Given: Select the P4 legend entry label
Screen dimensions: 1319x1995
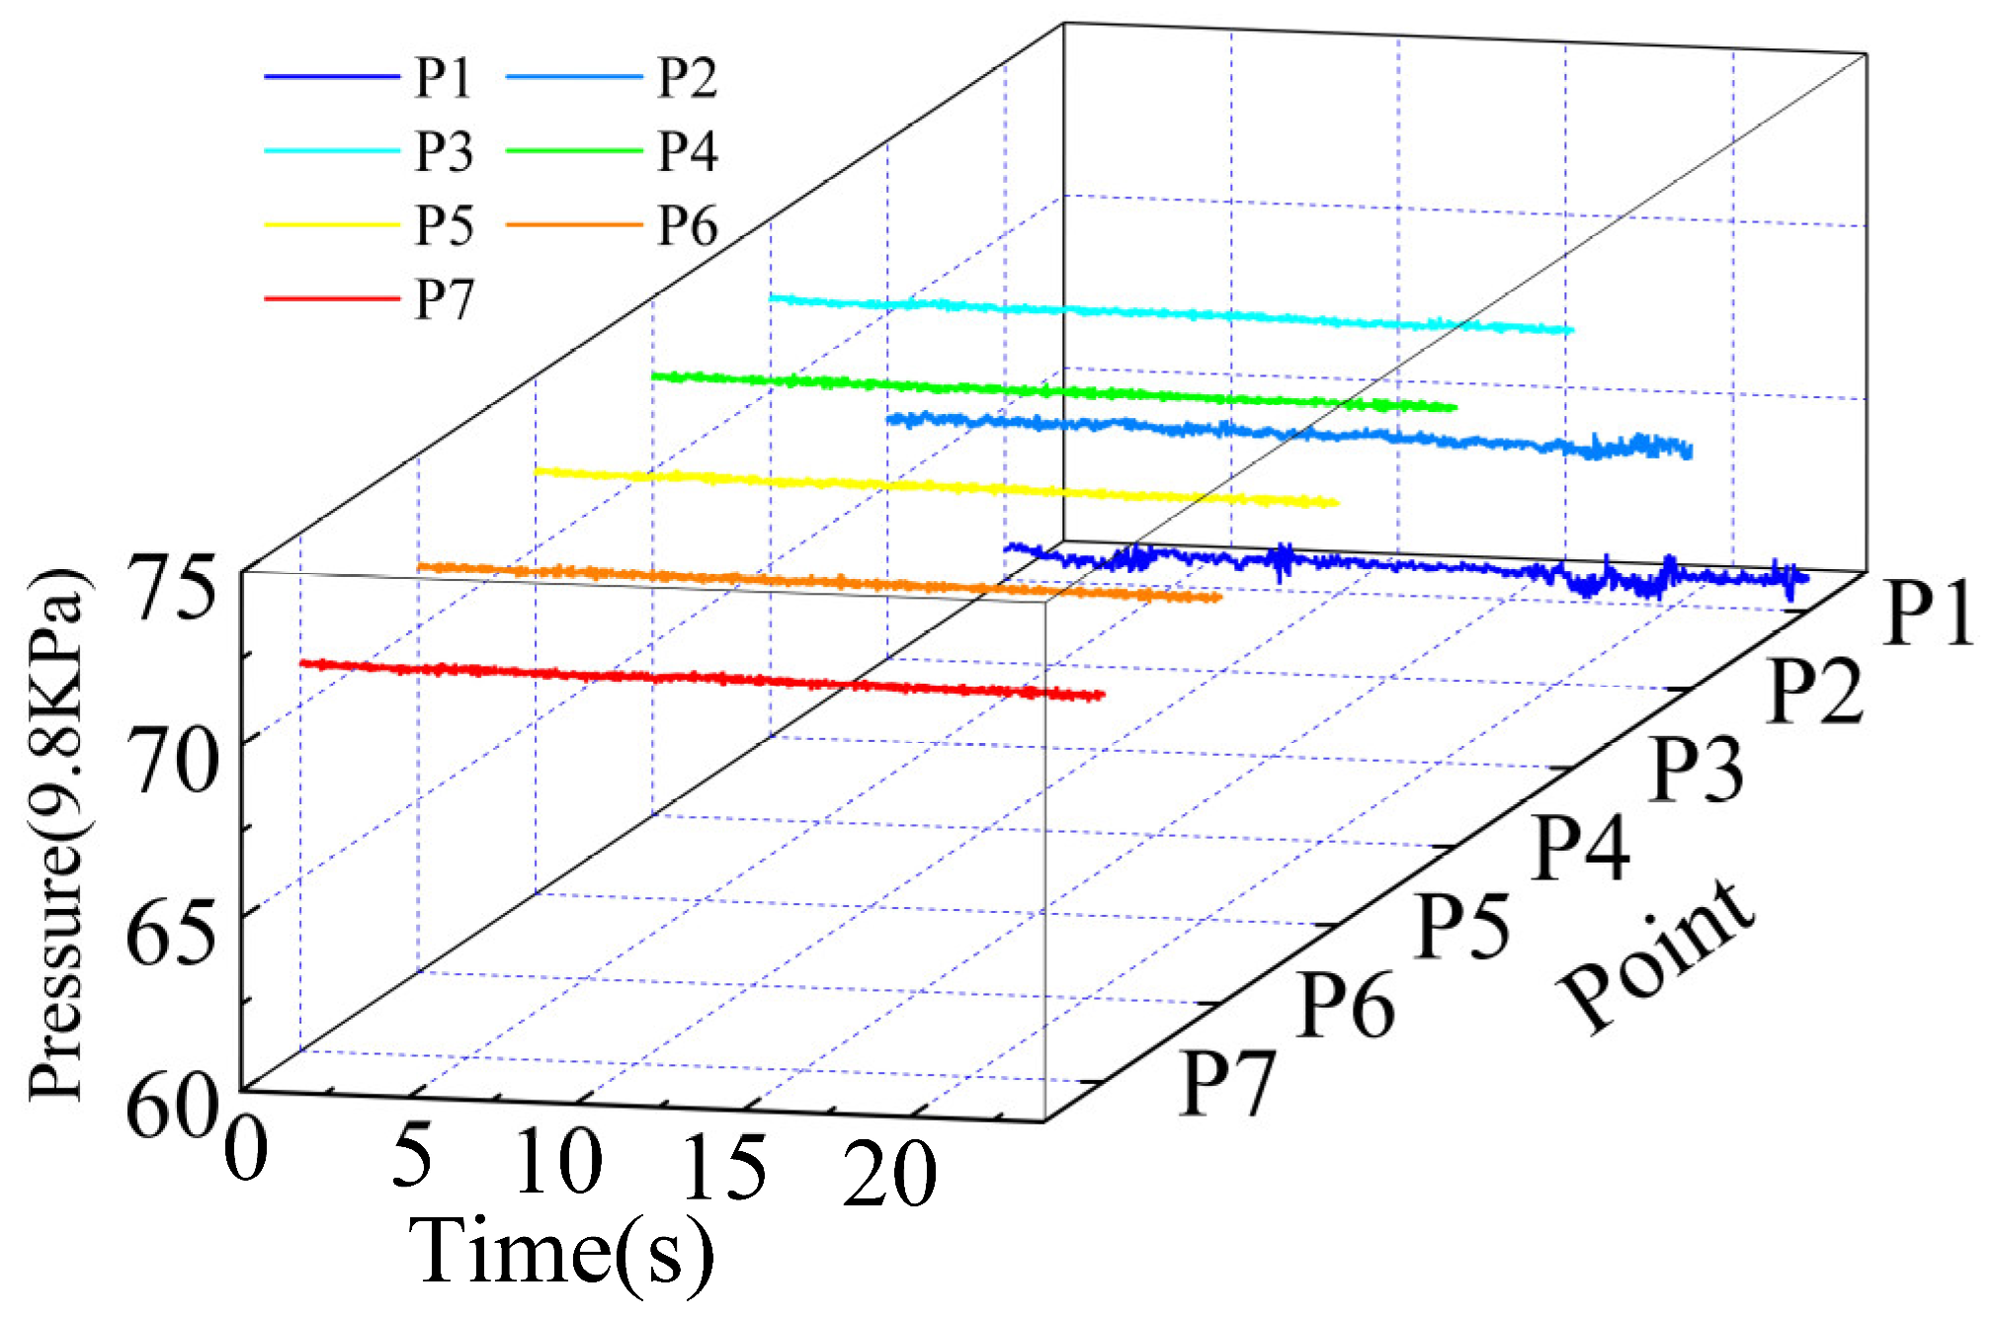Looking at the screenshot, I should [687, 151].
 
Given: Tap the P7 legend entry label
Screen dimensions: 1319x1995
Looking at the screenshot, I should [444, 299].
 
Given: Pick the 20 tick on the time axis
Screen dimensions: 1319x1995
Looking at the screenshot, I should [888, 1173].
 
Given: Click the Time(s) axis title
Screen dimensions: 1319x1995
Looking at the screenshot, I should [560, 1252].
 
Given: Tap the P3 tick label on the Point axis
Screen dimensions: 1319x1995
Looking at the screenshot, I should [1697, 769].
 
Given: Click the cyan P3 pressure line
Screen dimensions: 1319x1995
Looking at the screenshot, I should [1166, 313].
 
